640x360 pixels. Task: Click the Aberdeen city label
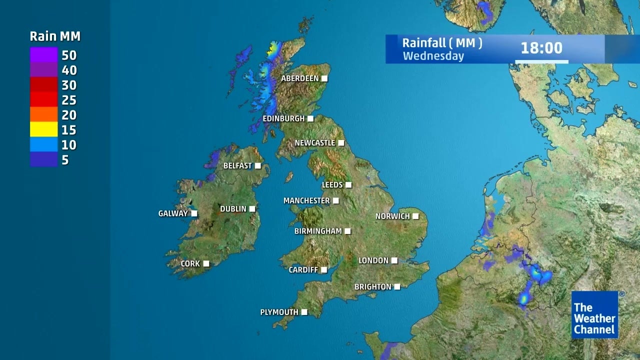coord(300,78)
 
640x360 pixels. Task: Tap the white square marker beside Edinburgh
coord(310,118)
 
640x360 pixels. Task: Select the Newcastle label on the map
coord(315,143)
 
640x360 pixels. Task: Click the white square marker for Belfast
coord(258,165)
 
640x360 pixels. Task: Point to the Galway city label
coord(173,213)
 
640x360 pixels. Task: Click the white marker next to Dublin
coord(252,208)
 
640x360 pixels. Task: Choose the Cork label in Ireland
coord(190,263)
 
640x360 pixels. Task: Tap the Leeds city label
coord(332,185)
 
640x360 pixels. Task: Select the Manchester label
coord(306,200)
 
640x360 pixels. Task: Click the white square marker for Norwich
coord(415,216)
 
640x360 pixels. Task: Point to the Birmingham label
coord(318,231)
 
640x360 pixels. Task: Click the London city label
coord(373,260)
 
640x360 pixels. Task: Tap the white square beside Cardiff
coord(324,270)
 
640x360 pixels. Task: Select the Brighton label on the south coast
coord(373,287)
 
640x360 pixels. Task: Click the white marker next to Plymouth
coord(304,312)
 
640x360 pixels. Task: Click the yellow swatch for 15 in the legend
coord(43,129)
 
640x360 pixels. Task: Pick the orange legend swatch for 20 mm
coord(43,114)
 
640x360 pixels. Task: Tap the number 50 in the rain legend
coord(69,55)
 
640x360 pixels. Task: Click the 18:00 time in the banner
coord(541,48)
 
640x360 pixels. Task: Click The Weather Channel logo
coord(595,315)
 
